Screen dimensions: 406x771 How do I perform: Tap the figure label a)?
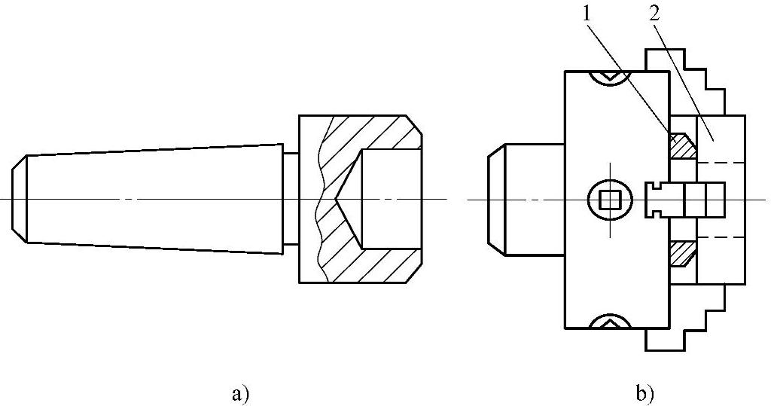click(x=239, y=392)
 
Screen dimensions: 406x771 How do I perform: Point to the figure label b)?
click(x=645, y=392)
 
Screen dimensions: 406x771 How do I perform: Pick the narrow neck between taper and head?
click(x=291, y=198)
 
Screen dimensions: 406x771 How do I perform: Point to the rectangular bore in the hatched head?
click(x=390, y=199)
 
